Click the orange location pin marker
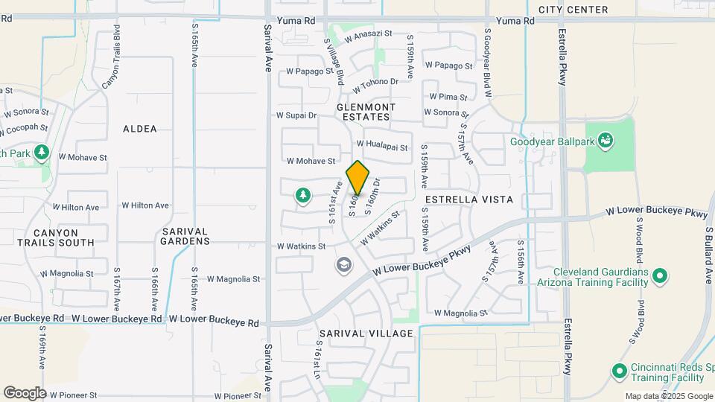tap(358, 178)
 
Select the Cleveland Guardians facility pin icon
tap(659, 278)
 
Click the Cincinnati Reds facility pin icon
tap(618, 370)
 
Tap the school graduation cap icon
tap(343, 264)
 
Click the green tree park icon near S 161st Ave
tap(302, 196)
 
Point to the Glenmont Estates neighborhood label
tap(363, 112)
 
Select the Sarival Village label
tap(366, 334)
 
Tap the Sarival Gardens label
tap(185, 236)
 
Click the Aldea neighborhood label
tap(140, 129)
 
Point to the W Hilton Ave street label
tap(146, 206)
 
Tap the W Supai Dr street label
tap(296, 115)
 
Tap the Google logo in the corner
tap(24, 393)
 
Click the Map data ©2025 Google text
tap(669, 396)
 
